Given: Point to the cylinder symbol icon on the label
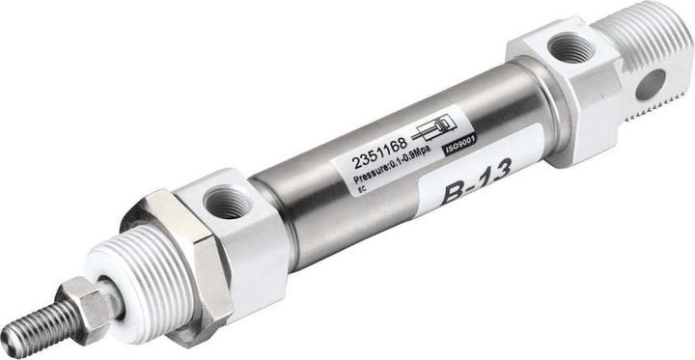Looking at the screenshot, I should coord(437,130).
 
